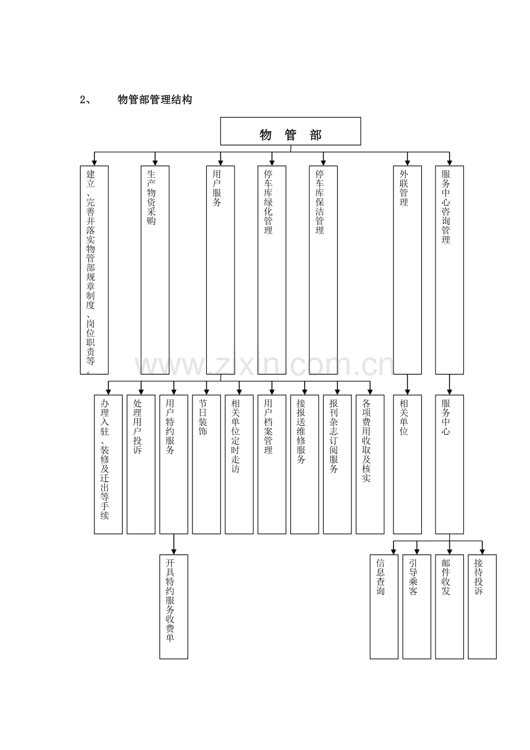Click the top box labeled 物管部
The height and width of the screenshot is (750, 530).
(x=290, y=131)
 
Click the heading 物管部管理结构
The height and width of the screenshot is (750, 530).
(x=155, y=100)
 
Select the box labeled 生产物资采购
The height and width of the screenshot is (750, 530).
(x=155, y=270)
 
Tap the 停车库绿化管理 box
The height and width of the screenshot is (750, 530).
(x=271, y=270)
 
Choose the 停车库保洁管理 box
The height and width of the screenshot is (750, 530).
(x=323, y=270)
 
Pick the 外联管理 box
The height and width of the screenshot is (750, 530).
(x=407, y=270)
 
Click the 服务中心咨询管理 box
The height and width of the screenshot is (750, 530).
(x=449, y=270)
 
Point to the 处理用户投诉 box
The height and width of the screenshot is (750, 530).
(x=141, y=464)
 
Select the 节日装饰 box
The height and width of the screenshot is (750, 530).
(x=206, y=464)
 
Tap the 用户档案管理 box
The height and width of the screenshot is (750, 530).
(x=271, y=464)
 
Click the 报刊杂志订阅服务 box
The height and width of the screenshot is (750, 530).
(x=337, y=464)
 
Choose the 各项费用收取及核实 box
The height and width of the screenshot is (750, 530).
(x=370, y=464)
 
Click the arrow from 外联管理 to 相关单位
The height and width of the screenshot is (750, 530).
(x=407, y=384)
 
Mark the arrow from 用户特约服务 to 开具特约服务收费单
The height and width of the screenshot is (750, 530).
(x=174, y=544)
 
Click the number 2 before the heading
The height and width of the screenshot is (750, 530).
(x=82, y=100)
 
